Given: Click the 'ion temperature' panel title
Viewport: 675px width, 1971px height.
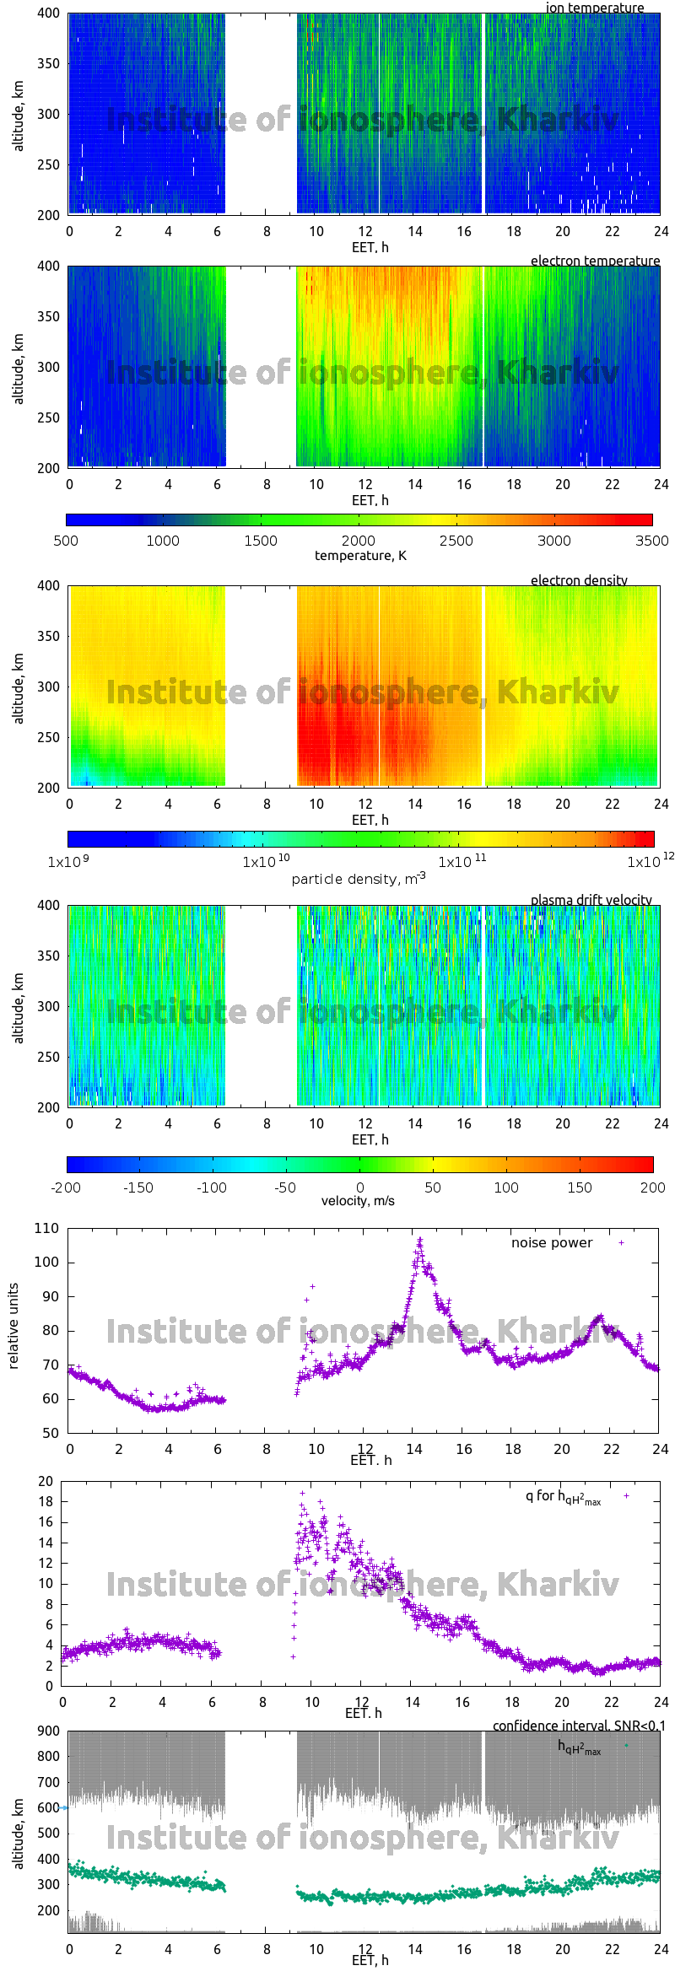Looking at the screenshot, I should (x=594, y=8).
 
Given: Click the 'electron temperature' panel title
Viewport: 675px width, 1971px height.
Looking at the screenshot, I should (x=595, y=261).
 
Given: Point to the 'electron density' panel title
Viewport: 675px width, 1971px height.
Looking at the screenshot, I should (x=579, y=580).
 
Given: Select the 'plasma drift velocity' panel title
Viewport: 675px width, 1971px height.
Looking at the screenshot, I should (x=591, y=900).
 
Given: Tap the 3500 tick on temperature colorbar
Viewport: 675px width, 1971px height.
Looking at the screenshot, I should (x=651, y=541).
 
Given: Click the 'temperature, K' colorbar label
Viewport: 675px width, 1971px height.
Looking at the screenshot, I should (x=360, y=556).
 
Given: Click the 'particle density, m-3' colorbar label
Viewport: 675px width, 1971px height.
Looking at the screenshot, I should (x=359, y=879).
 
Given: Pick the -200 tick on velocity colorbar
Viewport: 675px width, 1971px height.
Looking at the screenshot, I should (x=66, y=1187).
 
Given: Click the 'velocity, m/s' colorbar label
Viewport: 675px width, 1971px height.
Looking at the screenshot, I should (x=358, y=1201).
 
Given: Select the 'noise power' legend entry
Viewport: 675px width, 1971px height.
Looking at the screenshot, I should (x=552, y=1243).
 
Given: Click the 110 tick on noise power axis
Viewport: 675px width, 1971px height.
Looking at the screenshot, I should (x=47, y=1229).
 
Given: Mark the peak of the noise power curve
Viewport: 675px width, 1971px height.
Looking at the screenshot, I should (x=419, y=1241).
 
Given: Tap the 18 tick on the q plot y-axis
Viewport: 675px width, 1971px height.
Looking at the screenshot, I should (x=46, y=1501).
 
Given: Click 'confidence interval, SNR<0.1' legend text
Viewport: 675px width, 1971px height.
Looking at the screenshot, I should (x=579, y=1726).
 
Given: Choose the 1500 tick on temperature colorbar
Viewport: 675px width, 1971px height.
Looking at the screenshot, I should (x=261, y=541).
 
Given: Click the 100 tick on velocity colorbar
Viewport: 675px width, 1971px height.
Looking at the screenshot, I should (x=506, y=1187).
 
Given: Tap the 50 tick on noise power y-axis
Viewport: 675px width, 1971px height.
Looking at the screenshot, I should (x=51, y=1433).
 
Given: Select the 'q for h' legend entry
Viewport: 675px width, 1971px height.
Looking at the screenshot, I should (x=563, y=1497).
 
